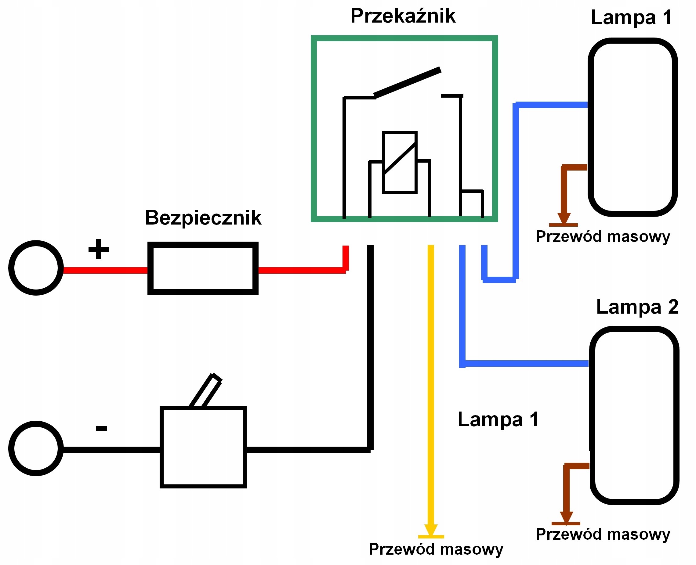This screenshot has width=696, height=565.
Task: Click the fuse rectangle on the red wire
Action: [x=203, y=268]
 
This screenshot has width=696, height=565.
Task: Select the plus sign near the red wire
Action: [x=98, y=249]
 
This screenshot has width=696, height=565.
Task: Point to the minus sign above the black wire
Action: [x=101, y=428]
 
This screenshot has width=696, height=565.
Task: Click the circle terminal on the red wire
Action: [x=36, y=268]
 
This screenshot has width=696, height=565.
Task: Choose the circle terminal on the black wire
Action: [x=36, y=448]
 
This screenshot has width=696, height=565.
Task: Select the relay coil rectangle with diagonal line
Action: [x=400, y=162]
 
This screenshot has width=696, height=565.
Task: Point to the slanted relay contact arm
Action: [x=407, y=82]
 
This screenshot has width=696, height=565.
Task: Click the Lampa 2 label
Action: [x=637, y=307]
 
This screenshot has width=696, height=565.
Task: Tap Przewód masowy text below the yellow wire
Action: [x=436, y=549]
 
